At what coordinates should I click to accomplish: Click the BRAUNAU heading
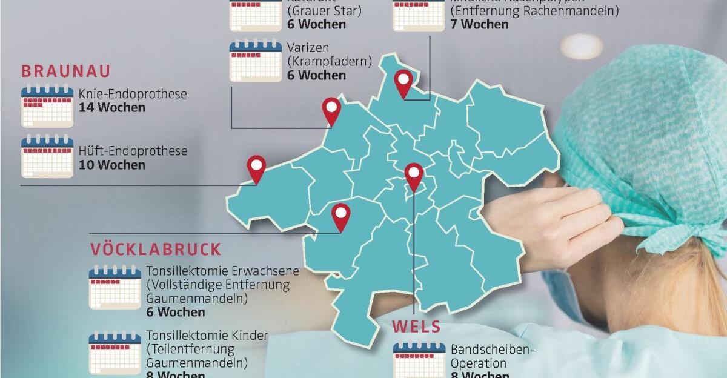click(x=66, y=71)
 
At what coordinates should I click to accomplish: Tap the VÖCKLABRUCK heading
click(x=156, y=249)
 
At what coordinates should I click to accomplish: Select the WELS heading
click(x=416, y=327)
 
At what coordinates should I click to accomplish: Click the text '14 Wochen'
click(x=112, y=108)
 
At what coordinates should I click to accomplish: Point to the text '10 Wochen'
click(x=112, y=165)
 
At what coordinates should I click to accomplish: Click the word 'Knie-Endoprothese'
click(x=133, y=94)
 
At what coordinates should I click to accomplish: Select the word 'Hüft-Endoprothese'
click(x=133, y=151)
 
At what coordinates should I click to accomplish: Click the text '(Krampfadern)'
click(x=320, y=61)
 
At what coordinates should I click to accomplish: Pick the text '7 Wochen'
click(x=479, y=25)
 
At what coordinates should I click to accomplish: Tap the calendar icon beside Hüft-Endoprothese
click(x=47, y=156)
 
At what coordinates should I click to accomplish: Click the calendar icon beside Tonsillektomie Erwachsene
click(x=115, y=287)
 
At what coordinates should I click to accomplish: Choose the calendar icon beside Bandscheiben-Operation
click(x=419, y=361)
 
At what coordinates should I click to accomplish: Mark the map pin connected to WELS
click(x=414, y=176)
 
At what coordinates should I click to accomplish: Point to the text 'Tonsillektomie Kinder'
click(x=207, y=336)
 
